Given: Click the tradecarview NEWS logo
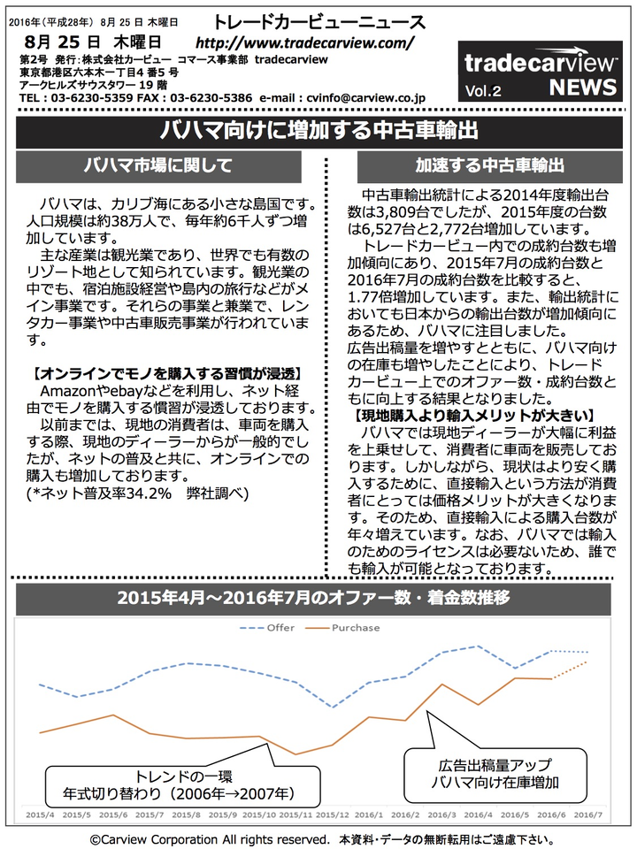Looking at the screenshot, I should coord(540,72).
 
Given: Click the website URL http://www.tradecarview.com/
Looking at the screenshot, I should coord(304,42).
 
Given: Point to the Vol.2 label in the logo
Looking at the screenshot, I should coord(484,89).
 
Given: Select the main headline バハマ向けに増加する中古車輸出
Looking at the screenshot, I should coord(318,132).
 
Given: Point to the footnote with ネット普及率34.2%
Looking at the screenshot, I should coord(135,493).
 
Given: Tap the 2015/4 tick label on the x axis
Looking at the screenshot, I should coord(41,813).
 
